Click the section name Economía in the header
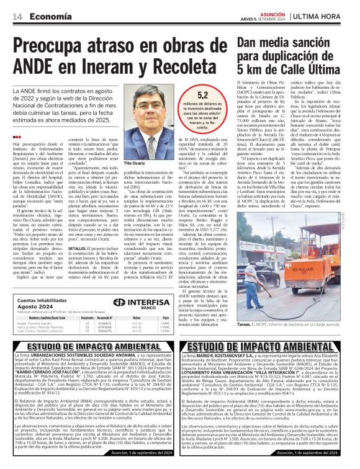(x=50, y=17)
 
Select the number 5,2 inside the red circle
(x=202, y=96)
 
